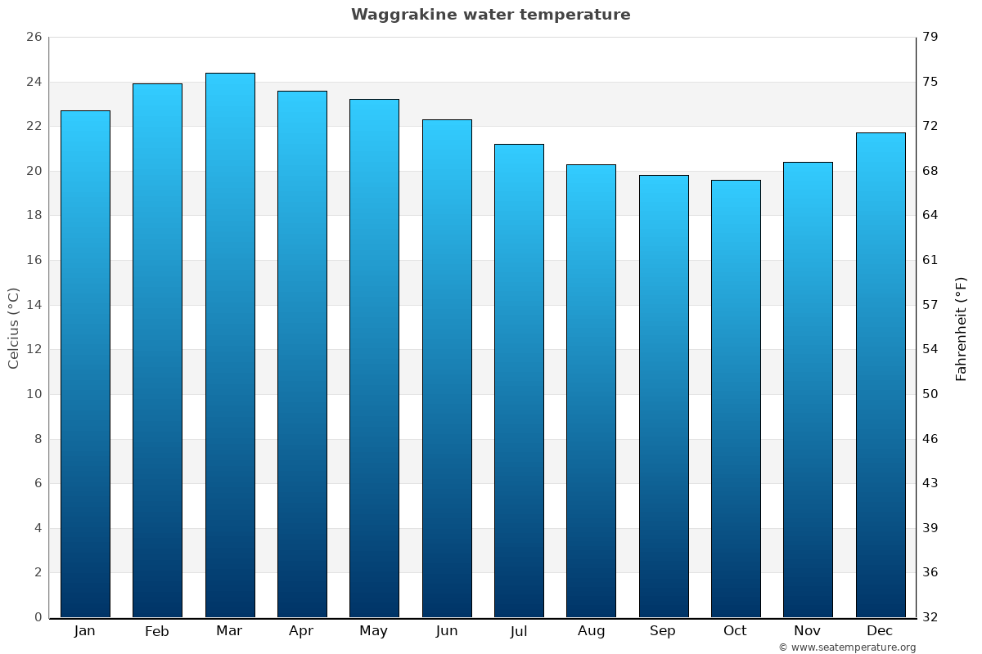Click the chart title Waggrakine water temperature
click(x=490, y=15)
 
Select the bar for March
click(x=230, y=345)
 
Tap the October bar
click(x=736, y=398)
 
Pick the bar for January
click(x=85, y=364)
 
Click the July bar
click(x=519, y=380)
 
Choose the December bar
click(x=881, y=374)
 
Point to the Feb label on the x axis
click(x=157, y=631)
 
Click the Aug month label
click(x=591, y=631)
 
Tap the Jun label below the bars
click(x=447, y=631)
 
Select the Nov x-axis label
click(x=808, y=631)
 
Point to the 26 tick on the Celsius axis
click(x=34, y=37)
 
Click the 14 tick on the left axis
click(x=34, y=305)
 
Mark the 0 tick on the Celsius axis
click(x=38, y=617)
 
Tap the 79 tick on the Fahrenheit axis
click(x=930, y=37)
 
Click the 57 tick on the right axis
click(x=930, y=305)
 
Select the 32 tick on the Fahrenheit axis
click(x=930, y=617)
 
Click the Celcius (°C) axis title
click(x=13, y=328)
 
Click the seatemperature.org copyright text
click(x=847, y=647)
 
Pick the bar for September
click(x=664, y=396)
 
